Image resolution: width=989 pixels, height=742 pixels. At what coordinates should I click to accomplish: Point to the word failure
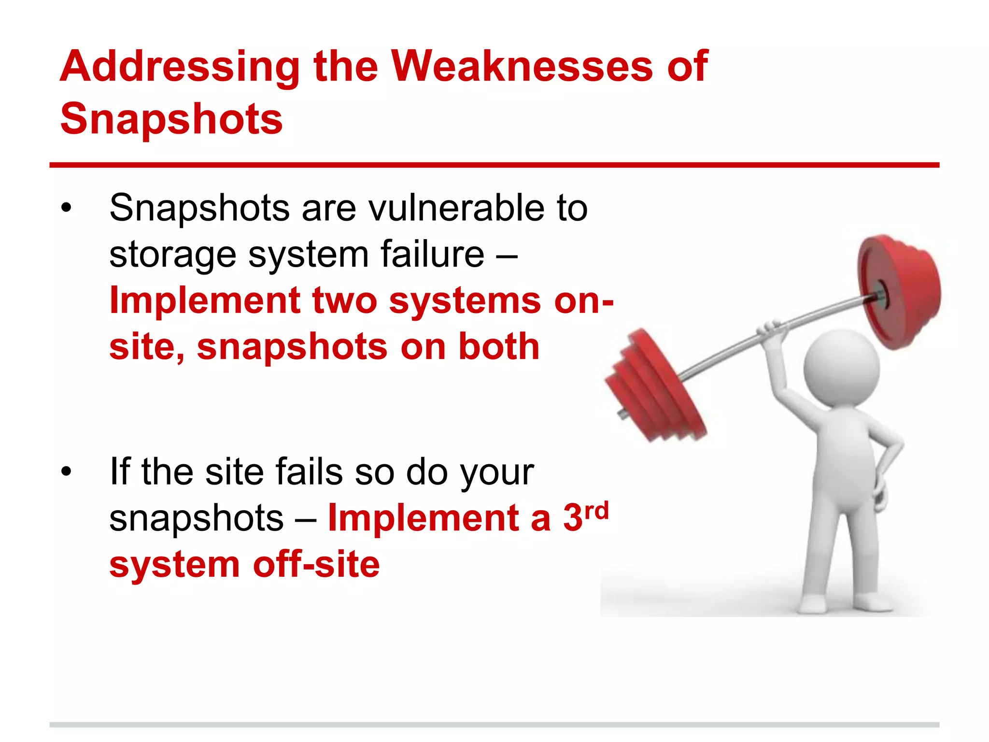(x=432, y=254)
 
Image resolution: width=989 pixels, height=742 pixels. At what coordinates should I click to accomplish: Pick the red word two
(x=344, y=300)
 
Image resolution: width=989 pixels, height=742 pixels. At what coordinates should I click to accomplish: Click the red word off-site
(x=316, y=564)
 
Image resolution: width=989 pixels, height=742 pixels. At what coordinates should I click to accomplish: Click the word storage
(x=172, y=255)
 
